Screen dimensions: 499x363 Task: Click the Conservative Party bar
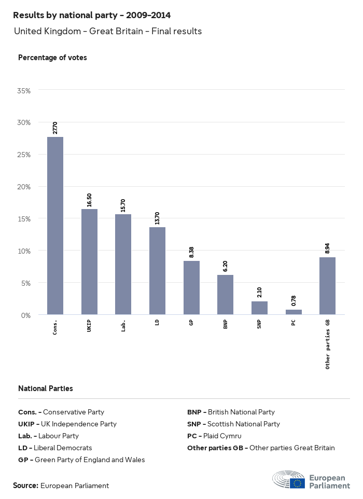(x=55, y=226)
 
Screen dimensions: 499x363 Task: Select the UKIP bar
(x=89, y=262)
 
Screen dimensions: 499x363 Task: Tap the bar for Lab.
(x=123, y=265)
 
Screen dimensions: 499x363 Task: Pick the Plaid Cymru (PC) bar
(x=294, y=312)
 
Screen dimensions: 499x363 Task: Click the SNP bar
(x=259, y=308)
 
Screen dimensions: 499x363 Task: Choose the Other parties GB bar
(x=327, y=286)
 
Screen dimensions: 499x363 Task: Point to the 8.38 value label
(x=191, y=253)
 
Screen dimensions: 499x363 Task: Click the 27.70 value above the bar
(x=55, y=128)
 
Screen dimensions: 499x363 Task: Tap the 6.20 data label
(x=225, y=267)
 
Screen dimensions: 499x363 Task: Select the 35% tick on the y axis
(x=24, y=90)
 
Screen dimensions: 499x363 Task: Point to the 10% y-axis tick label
(x=24, y=251)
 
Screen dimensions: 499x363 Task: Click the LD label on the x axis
(x=157, y=323)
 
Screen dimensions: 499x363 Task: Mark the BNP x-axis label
(x=225, y=325)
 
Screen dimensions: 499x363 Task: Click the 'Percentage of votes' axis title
(x=52, y=58)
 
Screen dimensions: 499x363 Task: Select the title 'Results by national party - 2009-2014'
(x=92, y=16)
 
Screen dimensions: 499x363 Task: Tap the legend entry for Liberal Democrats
(x=55, y=448)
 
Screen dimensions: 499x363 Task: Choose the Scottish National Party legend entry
(x=233, y=424)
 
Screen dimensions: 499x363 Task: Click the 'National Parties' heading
(x=46, y=388)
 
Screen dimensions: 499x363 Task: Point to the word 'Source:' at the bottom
(x=25, y=486)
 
